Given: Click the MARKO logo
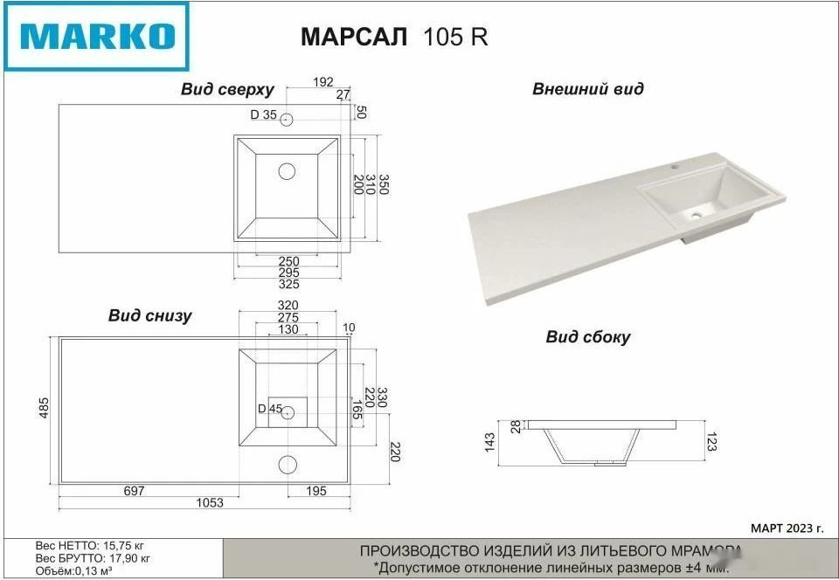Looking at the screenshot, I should (96, 37).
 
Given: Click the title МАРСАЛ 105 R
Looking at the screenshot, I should (393, 37).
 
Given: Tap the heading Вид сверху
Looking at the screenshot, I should (227, 89).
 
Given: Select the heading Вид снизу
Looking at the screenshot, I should (149, 316).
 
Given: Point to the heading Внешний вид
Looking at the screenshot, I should (587, 89).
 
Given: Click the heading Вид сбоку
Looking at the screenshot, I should (587, 337).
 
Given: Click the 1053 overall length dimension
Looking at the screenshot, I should (209, 502).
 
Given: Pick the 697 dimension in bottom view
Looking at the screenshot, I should (134, 492).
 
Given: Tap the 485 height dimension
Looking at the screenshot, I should (45, 408).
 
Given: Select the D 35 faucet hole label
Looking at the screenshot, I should (263, 114).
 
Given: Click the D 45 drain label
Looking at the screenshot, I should (269, 409).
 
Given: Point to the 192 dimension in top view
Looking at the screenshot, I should (323, 82).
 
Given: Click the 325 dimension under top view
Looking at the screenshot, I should (288, 284).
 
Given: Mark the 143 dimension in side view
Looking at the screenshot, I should (490, 443).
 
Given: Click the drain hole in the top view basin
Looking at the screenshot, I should (287, 171).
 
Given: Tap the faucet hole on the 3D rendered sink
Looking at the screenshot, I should (676, 163).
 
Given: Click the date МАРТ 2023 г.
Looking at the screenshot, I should (787, 528).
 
